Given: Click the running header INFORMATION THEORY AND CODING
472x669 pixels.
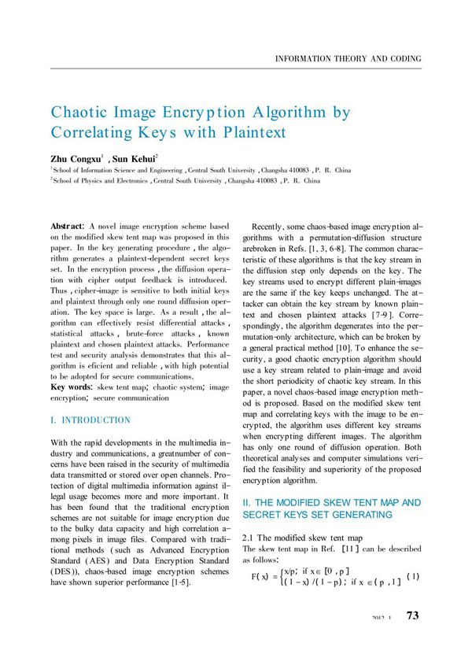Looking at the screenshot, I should pyautogui.click(x=347, y=59).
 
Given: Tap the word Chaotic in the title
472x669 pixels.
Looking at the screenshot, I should pyautogui.click(x=81, y=113).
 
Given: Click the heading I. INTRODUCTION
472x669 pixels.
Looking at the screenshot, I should pyautogui.click(x=90, y=420).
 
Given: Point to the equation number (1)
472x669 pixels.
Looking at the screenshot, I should pyautogui.click(x=413, y=576).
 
